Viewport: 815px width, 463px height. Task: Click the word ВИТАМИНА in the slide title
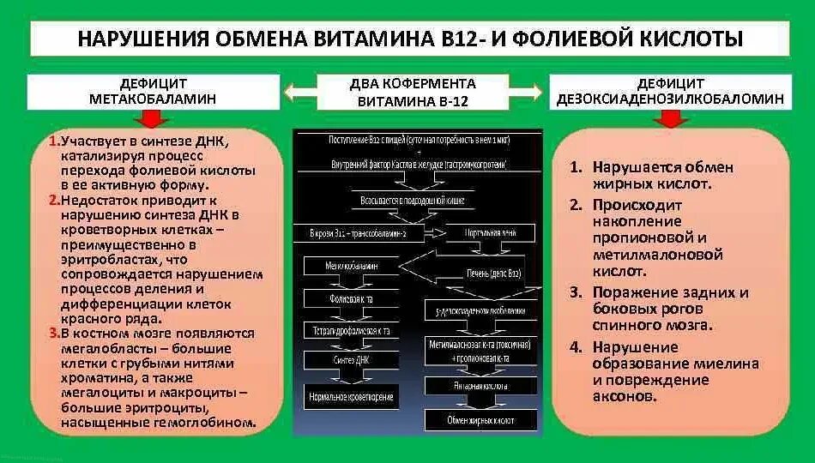click(x=362, y=39)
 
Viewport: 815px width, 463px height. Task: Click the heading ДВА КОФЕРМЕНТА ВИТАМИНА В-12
click(x=413, y=92)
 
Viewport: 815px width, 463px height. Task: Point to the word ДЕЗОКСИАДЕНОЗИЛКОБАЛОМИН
click(x=670, y=99)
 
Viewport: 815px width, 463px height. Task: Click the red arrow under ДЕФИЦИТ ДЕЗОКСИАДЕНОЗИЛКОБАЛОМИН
click(x=673, y=119)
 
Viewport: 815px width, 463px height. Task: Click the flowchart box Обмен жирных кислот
click(x=480, y=420)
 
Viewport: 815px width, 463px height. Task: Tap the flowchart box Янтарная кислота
click(x=480, y=386)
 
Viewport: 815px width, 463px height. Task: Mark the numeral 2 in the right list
click(x=577, y=206)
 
